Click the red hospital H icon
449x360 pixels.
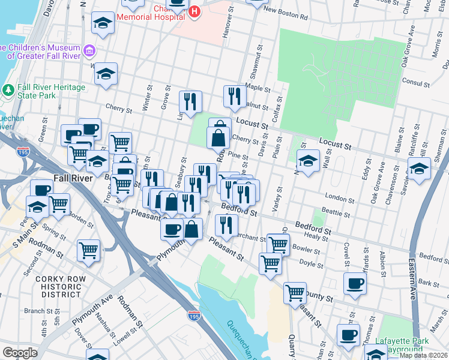pos(194,11)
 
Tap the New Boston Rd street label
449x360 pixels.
pos(286,14)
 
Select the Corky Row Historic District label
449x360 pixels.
pos(58,287)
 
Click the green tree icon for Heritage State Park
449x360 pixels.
pos(8,91)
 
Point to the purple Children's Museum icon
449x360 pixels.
pos(90,51)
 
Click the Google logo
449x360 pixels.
pos(20,353)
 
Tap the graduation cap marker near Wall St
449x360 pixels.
pos(307,161)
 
